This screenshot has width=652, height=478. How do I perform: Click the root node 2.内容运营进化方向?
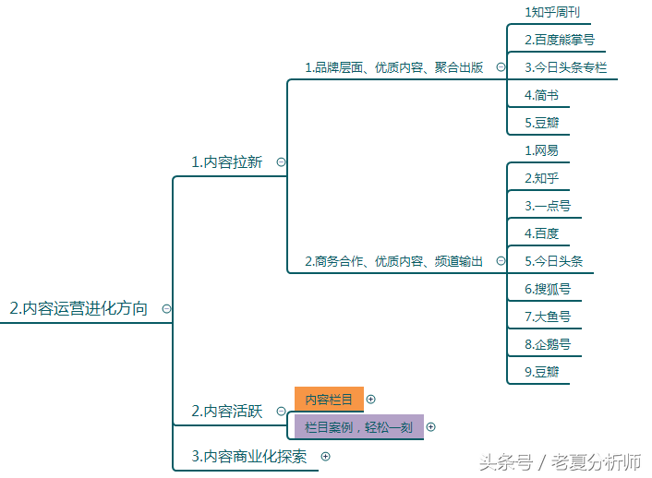[78, 308]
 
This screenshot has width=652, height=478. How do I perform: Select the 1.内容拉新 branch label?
[226, 162]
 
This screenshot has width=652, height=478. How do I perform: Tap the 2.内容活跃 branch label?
[227, 411]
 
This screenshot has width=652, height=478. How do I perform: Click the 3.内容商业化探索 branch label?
[249, 457]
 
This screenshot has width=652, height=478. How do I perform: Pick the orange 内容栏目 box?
[329, 400]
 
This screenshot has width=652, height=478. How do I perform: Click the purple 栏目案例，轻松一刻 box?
[359, 427]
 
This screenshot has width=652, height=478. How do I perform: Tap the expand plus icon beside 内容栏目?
[370, 400]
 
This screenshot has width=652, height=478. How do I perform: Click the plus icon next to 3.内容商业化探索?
[326, 457]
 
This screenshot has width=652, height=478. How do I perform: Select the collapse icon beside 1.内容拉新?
[281, 162]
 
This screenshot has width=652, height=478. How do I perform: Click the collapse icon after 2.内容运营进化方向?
[166, 309]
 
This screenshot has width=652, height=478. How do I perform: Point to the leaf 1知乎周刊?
[552, 13]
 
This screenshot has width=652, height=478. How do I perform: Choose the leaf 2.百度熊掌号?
[560, 40]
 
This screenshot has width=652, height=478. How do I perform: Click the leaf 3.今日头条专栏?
[565, 67]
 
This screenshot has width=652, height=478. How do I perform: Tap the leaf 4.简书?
[541, 95]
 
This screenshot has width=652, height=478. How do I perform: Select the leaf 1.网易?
[541, 150]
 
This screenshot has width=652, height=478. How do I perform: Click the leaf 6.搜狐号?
[548, 289]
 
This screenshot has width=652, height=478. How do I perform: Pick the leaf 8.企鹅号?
[548, 344]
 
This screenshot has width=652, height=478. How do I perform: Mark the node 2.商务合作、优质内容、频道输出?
[393, 261]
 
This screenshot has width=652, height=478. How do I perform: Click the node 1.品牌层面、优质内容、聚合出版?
[393, 67]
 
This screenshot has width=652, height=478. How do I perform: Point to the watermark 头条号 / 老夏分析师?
[560, 462]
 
